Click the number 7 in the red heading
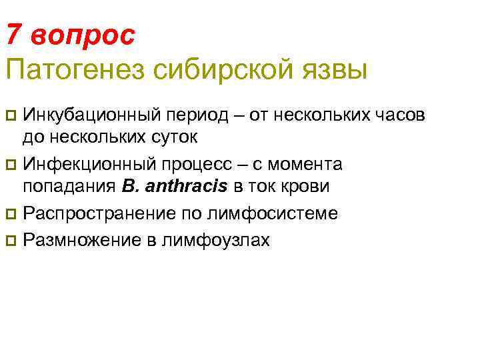(15, 35)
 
